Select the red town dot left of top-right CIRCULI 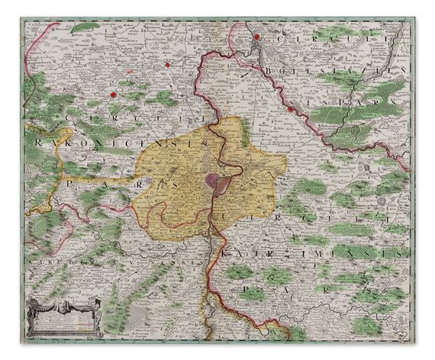tap(258, 36)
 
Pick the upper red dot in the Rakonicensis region tap(165, 64)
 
